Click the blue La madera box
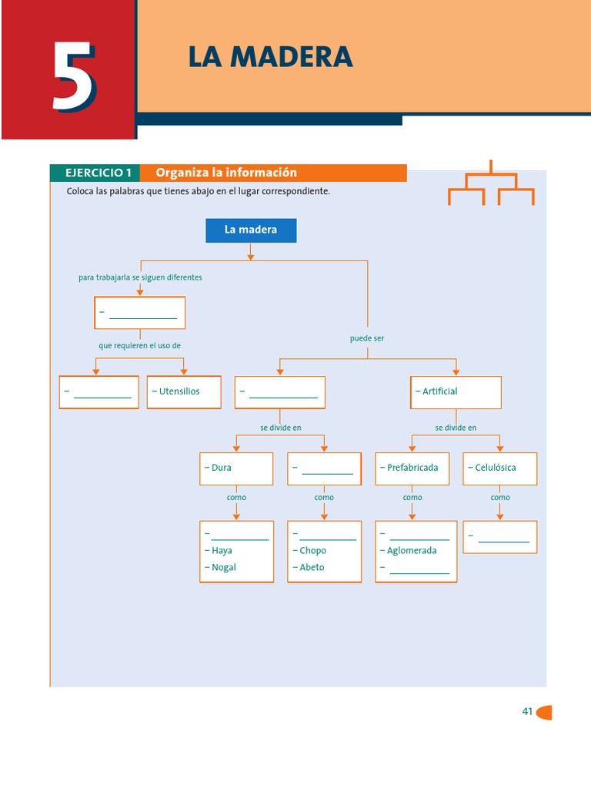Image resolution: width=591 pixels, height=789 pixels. point(251,230)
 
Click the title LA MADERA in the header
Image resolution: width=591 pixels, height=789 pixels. point(270,57)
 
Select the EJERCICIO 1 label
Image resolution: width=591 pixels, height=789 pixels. point(98,173)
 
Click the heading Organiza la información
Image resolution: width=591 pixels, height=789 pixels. point(226,173)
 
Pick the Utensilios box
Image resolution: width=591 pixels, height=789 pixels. point(184,391)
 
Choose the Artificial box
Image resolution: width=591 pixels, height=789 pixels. point(456,391)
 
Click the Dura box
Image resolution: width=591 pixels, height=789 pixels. point(235,468)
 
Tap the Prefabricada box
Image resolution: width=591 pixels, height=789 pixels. point(412,468)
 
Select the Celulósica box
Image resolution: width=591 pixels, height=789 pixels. point(499,468)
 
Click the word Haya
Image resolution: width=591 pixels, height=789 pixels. point(222,551)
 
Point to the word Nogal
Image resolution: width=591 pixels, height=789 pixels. point(223,568)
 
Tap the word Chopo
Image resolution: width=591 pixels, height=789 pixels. point(312,551)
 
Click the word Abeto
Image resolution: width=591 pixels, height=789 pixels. point(312,568)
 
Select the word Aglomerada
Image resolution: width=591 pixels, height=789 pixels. point(412,551)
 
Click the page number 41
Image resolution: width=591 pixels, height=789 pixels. point(527,712)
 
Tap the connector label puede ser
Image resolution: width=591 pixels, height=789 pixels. point(367,338)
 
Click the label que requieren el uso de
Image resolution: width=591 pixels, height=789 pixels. point(139,346)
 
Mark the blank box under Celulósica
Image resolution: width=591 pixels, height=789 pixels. point(499,537)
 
